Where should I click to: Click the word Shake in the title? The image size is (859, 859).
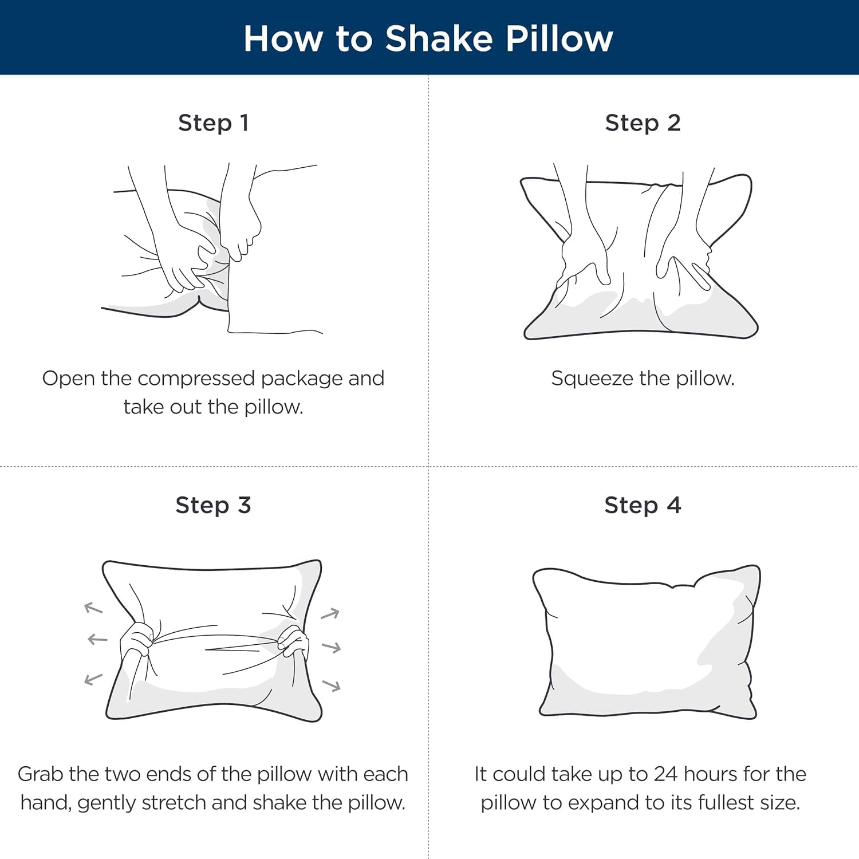pyautogui.click(x=439, y=39)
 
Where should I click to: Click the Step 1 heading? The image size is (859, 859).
pyautogui.click(x=213, y=123)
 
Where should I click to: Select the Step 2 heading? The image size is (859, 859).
pyautogui.click(x=643, y=123)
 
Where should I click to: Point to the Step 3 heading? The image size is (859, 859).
pyautogui.click(x=213, y=505)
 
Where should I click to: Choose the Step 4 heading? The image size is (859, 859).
pyautogui.click(x=643, y=505)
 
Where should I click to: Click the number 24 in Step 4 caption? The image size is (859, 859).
pyautogui.click(x=665, y=774)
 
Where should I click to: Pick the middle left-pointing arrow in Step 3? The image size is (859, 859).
pyautogui.click(x=97, y=639)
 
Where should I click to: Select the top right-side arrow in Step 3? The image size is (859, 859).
pyautogui.click(x=330, y=614)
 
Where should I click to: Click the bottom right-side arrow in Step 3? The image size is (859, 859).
pyautogui.click(x=332, y=685)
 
